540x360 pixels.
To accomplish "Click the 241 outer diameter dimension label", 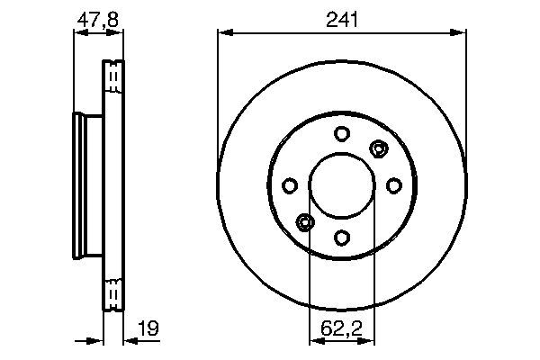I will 342,19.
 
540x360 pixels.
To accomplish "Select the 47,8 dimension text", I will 97,18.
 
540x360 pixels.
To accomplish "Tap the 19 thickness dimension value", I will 149,329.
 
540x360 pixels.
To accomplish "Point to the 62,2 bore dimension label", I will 342,330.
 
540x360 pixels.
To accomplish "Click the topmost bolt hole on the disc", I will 342,134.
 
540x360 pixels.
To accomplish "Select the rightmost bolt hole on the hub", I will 393,185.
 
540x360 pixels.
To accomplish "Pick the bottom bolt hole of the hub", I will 342,237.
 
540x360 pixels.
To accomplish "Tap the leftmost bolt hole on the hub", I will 290,185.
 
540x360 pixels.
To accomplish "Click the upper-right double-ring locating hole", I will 378,148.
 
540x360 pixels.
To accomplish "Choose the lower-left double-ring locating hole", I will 305,221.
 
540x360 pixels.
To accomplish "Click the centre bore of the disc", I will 342,185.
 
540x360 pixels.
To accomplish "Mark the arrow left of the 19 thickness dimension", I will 95,341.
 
